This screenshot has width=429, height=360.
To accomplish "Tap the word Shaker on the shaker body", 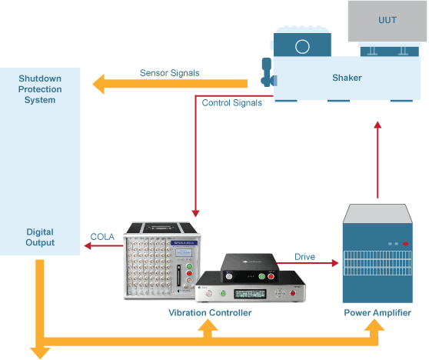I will point(348,78).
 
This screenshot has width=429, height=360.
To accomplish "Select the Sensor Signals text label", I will point(169,73).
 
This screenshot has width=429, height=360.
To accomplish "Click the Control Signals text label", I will point(231,102).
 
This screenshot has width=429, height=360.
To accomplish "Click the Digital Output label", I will point(40,237).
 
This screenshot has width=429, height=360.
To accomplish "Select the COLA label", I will point(103,237).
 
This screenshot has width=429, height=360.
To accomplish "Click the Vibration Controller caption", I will point(210,313).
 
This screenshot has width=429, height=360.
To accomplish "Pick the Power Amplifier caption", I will point(377,313).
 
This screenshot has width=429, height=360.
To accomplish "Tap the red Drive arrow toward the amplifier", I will point(316,264).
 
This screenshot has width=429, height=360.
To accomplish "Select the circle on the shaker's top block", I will point(302,46).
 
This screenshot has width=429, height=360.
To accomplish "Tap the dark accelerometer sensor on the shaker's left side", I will point(267,74).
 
